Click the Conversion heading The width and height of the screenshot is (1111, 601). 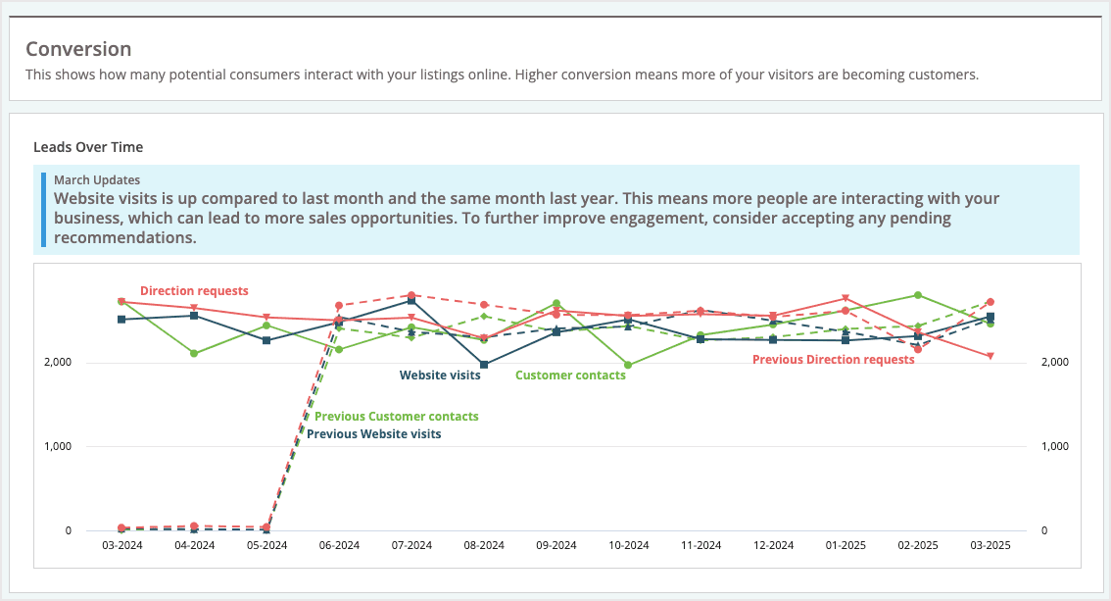pyautogui.click(x=78, y=49)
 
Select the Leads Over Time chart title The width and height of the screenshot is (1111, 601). pyautogui.click(x=88, y=147)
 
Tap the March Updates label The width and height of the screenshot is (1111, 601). pyautogui.click(x=97, y=179)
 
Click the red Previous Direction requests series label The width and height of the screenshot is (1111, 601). pyautogui.click(x=833, y=360)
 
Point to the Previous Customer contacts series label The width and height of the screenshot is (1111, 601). pyautogui.click(x=397, y=417)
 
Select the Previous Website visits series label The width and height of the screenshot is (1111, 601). pyautogui.click(x=374, y=434)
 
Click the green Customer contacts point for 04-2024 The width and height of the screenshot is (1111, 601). pyautogui.click(x=194, y=353)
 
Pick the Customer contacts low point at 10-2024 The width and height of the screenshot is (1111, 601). pyautogui.click(x=628, y=365)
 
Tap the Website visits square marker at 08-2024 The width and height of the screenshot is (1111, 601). pyautogui.click(x=484, y=365)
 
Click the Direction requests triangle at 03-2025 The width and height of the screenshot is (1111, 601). pyautogui.click(x=990, y=356)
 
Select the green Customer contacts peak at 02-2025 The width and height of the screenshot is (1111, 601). pyautogui.click(x=918, y=295)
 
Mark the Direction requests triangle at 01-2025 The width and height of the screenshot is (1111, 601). pyautogui.click(x=845, y=298)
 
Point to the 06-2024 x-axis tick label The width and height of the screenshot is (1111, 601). pyautogui.click(x=339, y=545)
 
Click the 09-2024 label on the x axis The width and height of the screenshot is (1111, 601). pyautogui.click(x=556, y=545)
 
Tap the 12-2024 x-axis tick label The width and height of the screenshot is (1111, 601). pyautogui.click(x=773, y=545)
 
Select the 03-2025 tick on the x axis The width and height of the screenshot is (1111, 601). pyautogui.click(x=990, y=545)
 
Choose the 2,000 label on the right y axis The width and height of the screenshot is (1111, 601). pyautogui.click(x=1055, y=363)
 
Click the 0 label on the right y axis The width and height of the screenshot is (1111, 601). pyautogui.click(x=1044, y=530)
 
